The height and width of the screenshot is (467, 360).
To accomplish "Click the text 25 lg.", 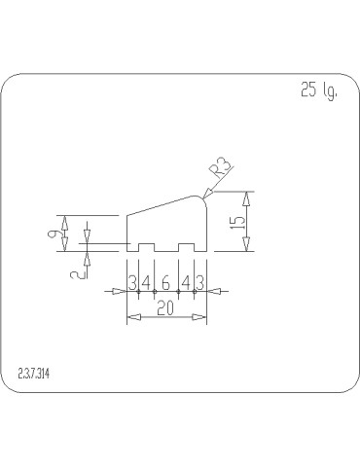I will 318,91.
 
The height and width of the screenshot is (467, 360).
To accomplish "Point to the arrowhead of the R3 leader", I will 206,196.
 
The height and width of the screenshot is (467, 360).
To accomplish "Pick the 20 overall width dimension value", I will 165,308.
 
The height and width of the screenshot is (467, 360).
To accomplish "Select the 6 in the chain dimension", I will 165,283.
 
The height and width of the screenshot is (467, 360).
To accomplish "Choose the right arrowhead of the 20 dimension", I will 201,318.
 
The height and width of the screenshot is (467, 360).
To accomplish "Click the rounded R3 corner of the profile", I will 205,198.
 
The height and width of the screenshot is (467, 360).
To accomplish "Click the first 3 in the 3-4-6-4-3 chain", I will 133,283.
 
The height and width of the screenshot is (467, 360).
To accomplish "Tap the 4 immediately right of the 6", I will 185,283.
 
